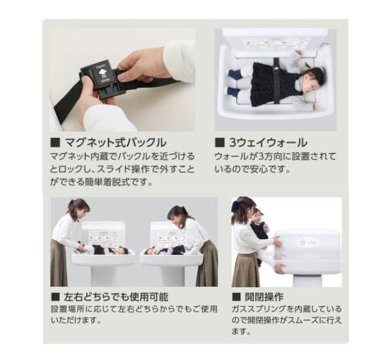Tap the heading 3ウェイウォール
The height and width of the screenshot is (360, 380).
click(x=267, y=142)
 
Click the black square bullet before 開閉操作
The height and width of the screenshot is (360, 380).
click(x=236, y=296)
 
